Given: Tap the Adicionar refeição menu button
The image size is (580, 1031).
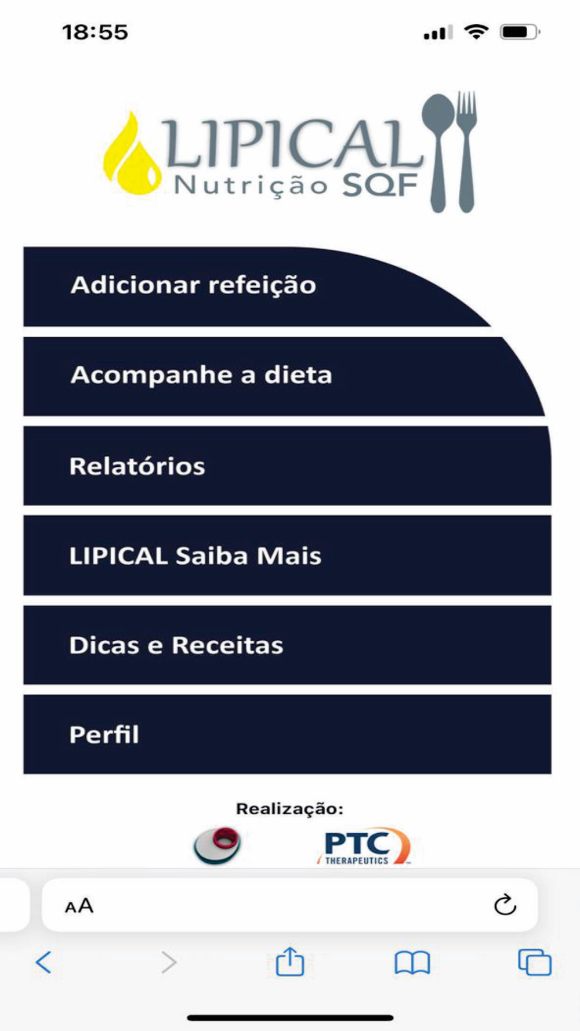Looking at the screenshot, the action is coord(255,286).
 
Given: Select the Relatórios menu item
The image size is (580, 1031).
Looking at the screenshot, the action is coord(287,466).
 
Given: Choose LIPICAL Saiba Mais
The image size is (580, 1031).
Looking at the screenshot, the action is coord(287,556).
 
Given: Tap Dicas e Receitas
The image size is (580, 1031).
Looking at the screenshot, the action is coord(287,645).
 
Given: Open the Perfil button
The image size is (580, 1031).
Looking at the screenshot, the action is coord(287,735).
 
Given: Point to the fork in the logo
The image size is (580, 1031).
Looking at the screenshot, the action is coord(466,151).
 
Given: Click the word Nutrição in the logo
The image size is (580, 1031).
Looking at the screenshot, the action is coord(251,186).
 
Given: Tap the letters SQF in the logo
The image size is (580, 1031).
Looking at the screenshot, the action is coord(380,186).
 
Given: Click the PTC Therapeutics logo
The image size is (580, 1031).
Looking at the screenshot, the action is coord(364,846).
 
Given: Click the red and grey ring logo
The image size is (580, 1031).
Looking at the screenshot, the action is coord(217,845).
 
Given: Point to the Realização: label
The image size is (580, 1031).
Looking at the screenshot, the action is coord(289,809).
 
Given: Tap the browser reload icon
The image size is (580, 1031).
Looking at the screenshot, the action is coord(505,904).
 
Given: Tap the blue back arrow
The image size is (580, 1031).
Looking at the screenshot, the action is coord(43,962).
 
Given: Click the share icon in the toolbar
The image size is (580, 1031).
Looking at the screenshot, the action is coord(289,961).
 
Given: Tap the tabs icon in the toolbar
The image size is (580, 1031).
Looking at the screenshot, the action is coord(534,962).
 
